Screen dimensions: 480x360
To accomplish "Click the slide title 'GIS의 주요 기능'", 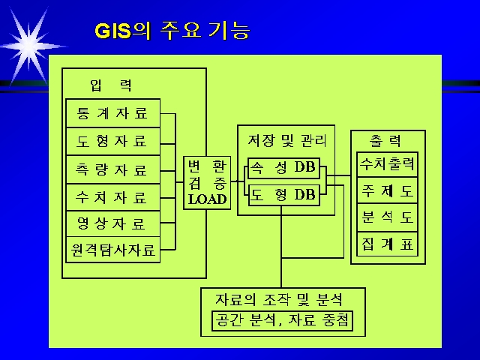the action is tap(172, 31).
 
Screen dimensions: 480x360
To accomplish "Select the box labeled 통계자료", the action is tap(113, 113).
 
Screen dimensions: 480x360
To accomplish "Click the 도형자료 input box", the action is tap(113, 142).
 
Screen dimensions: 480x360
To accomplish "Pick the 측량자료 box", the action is tap(113, 169).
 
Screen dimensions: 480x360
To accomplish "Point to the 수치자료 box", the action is tap(113, 197).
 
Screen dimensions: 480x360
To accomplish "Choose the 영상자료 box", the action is tap(113, 223).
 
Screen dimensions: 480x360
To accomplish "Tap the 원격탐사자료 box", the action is tap(113, 250).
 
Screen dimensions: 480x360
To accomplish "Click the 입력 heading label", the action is tap(111, 85).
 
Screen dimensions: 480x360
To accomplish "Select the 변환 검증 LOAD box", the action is tap(207, 183).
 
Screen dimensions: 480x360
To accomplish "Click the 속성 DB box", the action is tap(283, 168).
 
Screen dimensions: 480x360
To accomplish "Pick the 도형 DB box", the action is tap(283, 195).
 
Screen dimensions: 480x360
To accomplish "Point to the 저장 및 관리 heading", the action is tap(286, 141).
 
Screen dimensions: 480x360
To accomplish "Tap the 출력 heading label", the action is tap(385, 140).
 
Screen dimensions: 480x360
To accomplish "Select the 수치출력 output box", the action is tap(387, 164).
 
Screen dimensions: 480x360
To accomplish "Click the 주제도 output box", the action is tap(387, 190).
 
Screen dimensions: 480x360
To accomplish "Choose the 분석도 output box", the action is tap(387, 217).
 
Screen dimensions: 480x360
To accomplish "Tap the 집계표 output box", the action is tap(387, 244).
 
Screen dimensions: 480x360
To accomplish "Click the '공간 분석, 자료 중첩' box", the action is tap(282, 321).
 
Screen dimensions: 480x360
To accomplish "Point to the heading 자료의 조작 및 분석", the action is tap(279, 299).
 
